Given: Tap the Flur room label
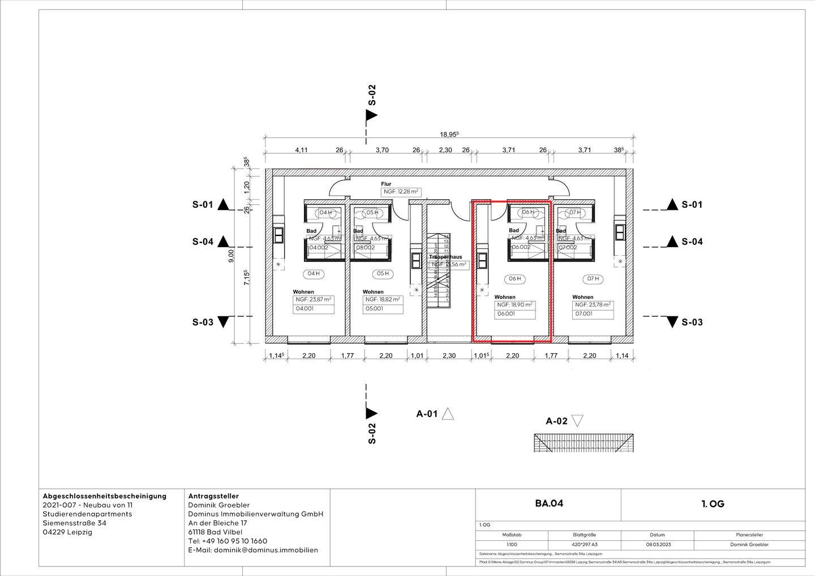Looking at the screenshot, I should (x=386, y=184).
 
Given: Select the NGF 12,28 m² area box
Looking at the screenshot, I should (x=401, y=192).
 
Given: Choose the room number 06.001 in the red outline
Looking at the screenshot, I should (x=505, y=314).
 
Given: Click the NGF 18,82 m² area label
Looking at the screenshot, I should (x=383, y=299).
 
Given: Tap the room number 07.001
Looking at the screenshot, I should (x=584, y=314).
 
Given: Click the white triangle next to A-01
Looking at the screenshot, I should (x=448, y=414).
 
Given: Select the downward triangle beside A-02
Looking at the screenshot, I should (x=577, y=420).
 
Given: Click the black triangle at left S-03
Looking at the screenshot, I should (x=224, y=322).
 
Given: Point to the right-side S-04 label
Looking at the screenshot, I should (x=692, y=242).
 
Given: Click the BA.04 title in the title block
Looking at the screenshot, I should (x=549, y=504).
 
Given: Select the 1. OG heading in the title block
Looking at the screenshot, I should (x=713, y=504).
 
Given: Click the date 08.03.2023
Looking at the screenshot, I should (x=657, y=544).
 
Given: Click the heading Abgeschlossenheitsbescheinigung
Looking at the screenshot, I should (x=105, y=496).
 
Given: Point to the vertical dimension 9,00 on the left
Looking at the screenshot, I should (x=231, y=256).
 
